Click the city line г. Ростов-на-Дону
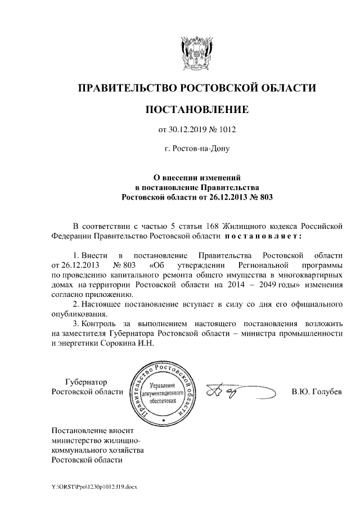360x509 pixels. click(x=196, y=148)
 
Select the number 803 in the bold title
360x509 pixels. click(x=264, y=197)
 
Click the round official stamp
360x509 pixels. click(x=163, y=390)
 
